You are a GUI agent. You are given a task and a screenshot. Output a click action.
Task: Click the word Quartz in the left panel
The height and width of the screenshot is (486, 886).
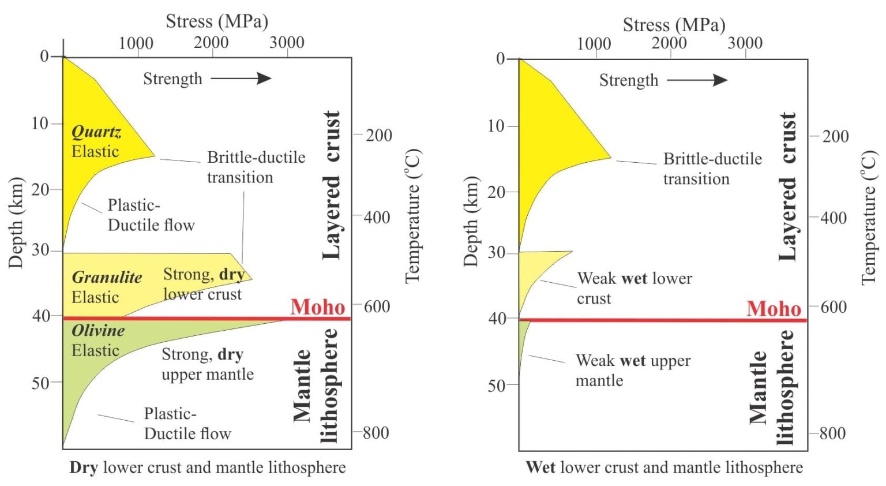click(x=96, y=132)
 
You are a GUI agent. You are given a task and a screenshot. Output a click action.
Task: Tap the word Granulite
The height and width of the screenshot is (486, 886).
click(x=107, y=278)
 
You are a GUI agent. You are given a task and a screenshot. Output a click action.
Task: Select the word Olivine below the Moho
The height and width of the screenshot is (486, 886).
click(x=98, y=331)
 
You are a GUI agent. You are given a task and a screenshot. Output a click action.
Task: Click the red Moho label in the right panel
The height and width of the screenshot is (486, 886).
click(x=774, y=309)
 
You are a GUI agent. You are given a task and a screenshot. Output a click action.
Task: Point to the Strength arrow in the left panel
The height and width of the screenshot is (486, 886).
click(x=241, y=78)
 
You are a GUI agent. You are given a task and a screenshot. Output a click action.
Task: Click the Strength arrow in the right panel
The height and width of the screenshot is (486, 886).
click(x=697, y=80)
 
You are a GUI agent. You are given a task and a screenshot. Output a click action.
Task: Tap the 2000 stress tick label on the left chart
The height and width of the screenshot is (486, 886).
click(x=211, y=43)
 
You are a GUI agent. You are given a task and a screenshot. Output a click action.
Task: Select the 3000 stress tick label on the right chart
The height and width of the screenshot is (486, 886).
click(x=745, y=43)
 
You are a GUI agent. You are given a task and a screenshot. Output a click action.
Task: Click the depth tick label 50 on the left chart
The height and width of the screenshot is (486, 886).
click(x=41, y=383)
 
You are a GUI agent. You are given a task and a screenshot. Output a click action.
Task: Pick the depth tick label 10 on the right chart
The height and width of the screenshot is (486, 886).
click(x=497, y=126)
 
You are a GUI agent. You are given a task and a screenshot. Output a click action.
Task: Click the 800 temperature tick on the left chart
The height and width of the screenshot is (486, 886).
click(x=376, y=433)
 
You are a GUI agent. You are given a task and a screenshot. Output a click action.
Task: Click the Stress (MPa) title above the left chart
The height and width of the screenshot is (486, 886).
click(x=217, y=21)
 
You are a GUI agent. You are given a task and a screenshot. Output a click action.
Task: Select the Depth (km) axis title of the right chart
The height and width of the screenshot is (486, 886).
click(x=471, y=222)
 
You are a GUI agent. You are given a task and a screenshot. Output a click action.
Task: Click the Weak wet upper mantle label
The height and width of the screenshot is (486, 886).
click(x=633, y=371)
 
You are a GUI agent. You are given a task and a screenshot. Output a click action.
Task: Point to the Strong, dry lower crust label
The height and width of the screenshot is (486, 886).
click(x=204, y=284)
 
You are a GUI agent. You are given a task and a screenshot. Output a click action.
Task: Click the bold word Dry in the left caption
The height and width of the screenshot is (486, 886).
click(x=84, y=468)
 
